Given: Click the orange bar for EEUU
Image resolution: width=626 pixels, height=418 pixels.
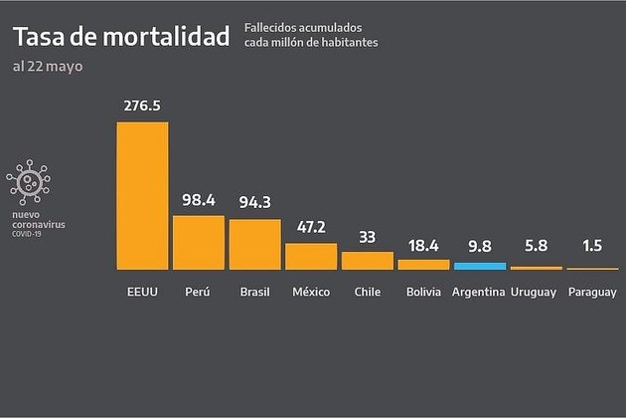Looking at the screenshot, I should click(x=142, y=195).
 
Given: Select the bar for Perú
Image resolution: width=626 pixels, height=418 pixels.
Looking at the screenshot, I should click(x=199, y=242).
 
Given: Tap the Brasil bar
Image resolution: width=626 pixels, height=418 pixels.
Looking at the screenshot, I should click(x=254, y=244).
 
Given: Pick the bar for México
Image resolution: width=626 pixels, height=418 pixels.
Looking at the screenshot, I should click(x=311, y=256).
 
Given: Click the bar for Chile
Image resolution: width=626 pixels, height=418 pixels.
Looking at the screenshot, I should click(x=368, y=260).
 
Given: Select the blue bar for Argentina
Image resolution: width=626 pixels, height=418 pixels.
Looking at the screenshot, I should click(x=480, y=266).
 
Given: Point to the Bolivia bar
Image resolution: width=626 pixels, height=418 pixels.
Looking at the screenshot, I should click(x=423, y=264).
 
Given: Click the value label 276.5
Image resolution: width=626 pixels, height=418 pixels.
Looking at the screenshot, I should click(x=142, y=105).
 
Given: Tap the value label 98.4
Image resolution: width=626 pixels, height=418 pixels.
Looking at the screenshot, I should click(x=199, y=200).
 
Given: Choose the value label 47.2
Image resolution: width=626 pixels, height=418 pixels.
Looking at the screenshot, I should click(x=311, y=228).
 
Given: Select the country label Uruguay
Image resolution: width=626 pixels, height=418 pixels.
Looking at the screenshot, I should click(x=534, y=293).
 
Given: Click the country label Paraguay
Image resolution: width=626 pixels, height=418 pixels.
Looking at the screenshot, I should click(x=592, y=293).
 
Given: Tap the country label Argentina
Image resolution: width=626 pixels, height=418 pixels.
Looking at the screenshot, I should click(x=478, y=293).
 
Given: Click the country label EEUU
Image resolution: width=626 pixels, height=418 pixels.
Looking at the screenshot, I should click(x=142, y=293).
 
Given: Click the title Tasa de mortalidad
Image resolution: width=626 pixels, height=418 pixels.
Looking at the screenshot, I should click(x=120, y=36).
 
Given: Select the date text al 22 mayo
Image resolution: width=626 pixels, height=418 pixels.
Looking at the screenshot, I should click(x=48, y=66).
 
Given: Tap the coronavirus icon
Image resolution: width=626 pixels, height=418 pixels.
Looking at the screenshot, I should click(x=29, y=182).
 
